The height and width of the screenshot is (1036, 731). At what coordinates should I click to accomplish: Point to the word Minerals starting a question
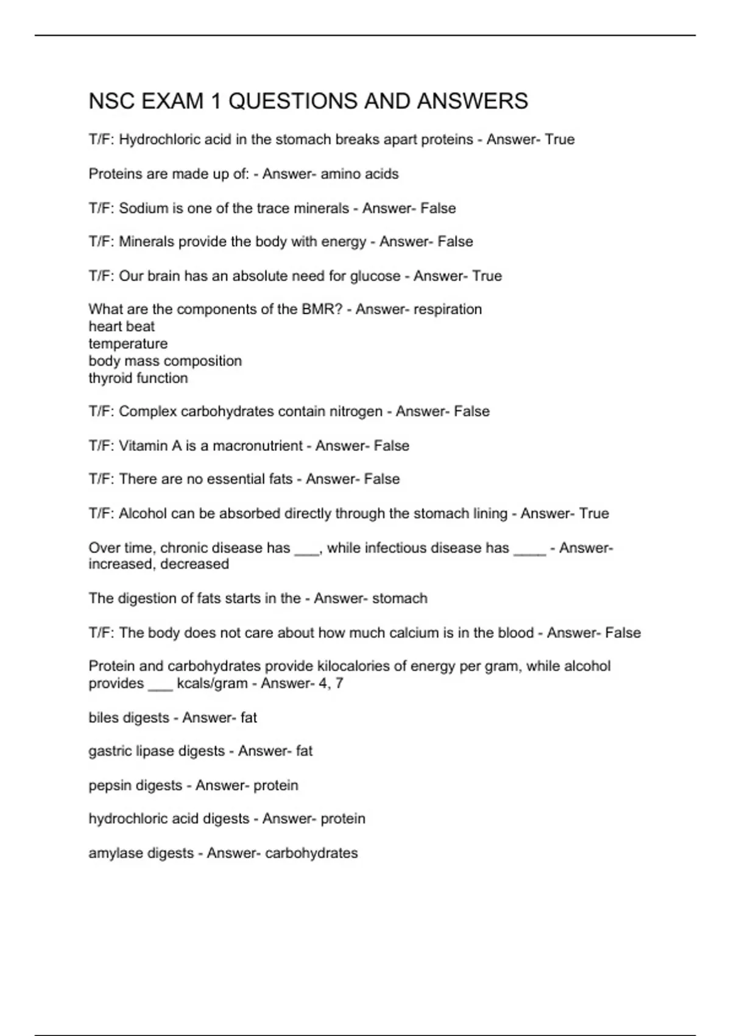pos(147,242)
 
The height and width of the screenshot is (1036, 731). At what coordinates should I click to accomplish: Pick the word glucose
pos(375,276)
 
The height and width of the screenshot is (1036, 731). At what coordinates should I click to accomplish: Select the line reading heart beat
pos(121,327)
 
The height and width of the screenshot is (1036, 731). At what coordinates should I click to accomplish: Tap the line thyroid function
pos(138,378)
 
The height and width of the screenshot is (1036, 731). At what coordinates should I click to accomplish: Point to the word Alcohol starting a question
pos(143,514)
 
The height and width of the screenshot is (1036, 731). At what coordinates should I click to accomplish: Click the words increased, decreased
pos(158,564)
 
